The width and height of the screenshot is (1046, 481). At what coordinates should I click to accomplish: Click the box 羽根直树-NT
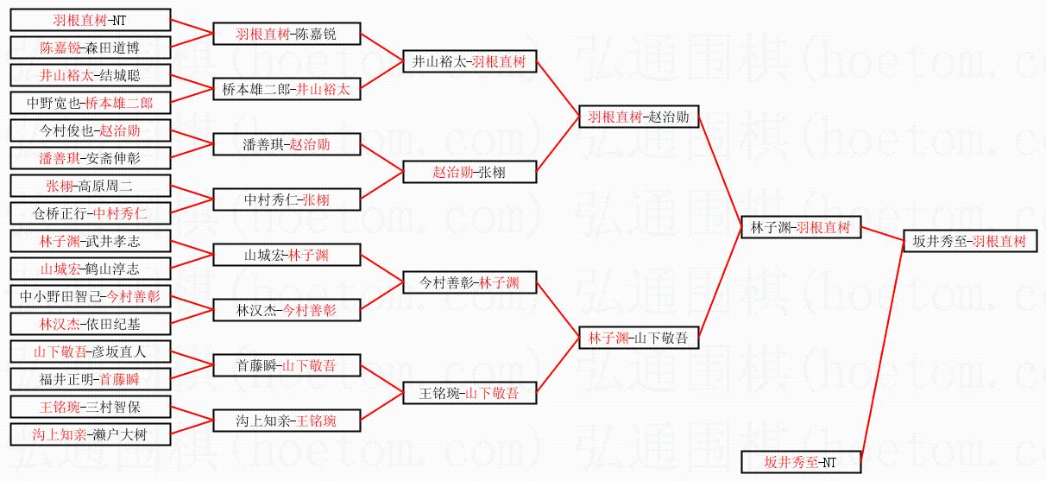[x=90, y=20]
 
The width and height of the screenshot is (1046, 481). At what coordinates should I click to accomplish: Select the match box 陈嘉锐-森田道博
[x=90, y=47]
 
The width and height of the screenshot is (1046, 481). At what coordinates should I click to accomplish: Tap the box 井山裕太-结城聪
[x=90, y=75]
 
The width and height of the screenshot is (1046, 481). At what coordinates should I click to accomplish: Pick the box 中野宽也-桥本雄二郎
[x=90, y=104]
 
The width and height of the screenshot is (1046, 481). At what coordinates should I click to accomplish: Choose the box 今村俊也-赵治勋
[x=90, y=131]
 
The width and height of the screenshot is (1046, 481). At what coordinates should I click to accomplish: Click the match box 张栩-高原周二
[x=90, y=186]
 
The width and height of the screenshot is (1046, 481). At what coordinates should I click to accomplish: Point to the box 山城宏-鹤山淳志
[x=90, y=269]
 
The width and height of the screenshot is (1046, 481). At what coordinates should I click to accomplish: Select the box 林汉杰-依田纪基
[x=90, y=324]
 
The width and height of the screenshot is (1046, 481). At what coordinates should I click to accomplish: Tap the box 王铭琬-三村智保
[x=90, y=407]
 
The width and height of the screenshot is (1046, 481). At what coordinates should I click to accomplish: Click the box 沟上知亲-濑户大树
[x=90, y=434]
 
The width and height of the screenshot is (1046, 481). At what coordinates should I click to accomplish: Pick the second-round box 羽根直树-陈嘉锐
[x=287, y=35]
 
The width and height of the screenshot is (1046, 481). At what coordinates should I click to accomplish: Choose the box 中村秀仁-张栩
[x=287, y=200]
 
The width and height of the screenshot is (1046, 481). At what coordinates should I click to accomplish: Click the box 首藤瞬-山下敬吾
[x=287, y=365]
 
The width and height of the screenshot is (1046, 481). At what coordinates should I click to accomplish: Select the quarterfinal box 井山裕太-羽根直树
[x=469, y=62]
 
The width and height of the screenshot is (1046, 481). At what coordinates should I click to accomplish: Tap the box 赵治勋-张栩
[x=469, y=172]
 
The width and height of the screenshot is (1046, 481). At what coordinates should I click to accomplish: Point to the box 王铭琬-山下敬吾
[x=469, y=393]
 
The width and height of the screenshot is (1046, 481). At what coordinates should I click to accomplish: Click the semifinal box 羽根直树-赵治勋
[x=639, y=117]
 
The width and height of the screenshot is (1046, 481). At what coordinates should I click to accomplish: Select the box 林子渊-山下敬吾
[x=639, y=339]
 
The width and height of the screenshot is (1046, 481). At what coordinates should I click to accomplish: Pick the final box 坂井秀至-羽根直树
[x=970, y=242]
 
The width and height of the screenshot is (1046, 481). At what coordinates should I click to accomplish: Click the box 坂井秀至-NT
[x=801, y=462]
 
